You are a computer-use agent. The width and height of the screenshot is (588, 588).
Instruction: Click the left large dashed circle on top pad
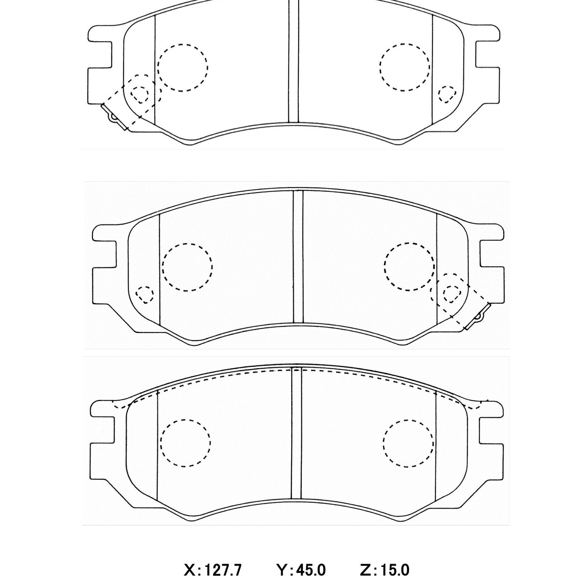[x=183, y=67]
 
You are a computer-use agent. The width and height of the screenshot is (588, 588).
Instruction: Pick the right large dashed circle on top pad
[x=405, y=67]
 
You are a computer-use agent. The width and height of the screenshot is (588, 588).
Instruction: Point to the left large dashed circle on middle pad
[x=187, y=267]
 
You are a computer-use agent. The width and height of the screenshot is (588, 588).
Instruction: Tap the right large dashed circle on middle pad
[x=409, y=266]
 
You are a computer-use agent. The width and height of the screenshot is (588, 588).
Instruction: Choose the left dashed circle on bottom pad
[x=186, y=443]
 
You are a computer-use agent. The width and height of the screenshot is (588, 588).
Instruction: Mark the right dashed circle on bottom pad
[x=408, y=443]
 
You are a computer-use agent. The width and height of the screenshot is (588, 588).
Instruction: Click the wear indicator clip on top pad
[x=113, y=116]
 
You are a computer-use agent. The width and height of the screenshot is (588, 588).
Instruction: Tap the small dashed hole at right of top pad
[x=447, y=94]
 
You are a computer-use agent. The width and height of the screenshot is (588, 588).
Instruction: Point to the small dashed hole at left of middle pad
[x=145, y=294]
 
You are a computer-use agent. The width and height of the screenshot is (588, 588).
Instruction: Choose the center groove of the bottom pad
[x=296, y=434]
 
